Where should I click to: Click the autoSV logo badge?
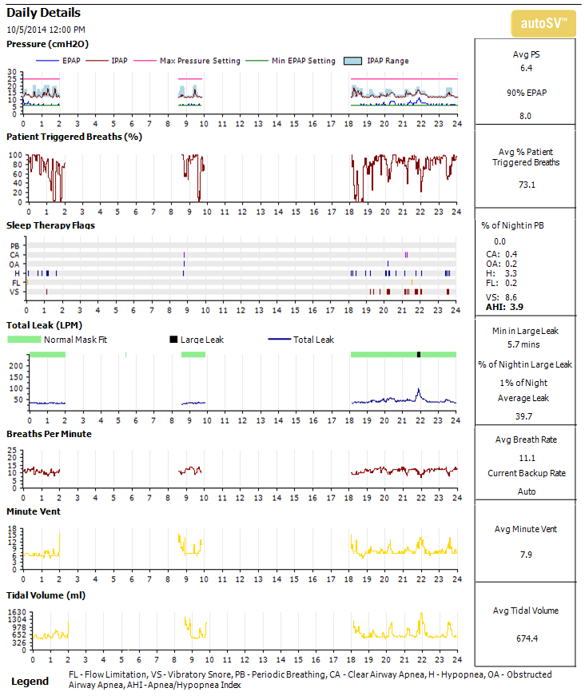coord(543,24)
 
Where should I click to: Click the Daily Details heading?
coord(43,13)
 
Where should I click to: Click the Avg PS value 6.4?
coord(526,69)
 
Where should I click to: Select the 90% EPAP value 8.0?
coord(526,116)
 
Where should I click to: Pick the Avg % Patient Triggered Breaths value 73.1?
coord(526,185)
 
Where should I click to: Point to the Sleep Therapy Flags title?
coord(50,225)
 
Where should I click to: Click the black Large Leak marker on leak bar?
coord(418,354)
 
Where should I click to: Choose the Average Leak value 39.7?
coord(526,416)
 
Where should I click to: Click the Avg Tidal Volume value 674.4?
coord(526,638)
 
